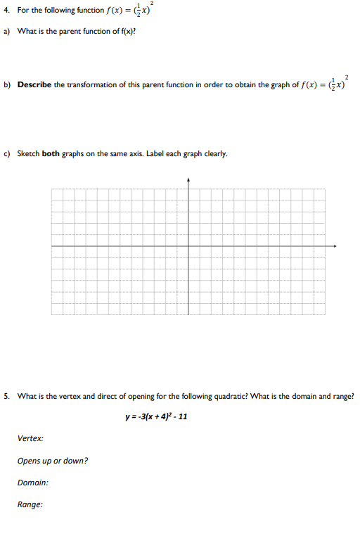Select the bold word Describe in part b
[35, 84]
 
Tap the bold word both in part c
[51, 153]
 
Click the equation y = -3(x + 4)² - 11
[156, 416]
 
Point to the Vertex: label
[30, 438]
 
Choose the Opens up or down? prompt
[53, 461]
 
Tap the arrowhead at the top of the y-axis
[188, 179]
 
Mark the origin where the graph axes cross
[188, 246]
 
